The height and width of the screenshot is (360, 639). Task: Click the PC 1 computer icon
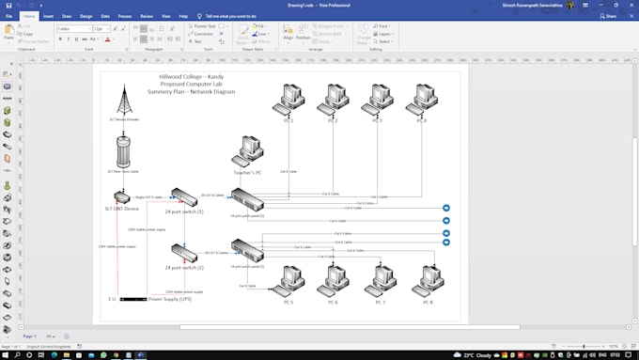click(x=288, y=100)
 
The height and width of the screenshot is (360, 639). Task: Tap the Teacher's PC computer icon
click(x=249, y=151)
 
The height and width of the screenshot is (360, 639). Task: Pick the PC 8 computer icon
click(x=428, y=280)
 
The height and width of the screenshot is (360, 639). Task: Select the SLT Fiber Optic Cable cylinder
click(x=123, y=152)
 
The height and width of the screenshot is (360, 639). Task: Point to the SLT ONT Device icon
click(x=122, y=198)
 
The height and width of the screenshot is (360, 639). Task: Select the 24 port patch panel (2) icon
click(x=248, y=250)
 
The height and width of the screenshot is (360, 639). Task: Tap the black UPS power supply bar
click(x=132, y=299)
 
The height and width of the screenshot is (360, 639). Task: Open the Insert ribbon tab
click(x=48, y=16)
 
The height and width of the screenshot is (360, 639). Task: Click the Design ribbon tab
click(x=86, y=16)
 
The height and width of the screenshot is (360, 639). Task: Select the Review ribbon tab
click(x=147, y=16)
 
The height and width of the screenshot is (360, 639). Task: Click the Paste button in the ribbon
click(x=8, y=32)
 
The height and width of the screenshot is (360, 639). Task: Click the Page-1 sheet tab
click(x=30, y=336)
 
